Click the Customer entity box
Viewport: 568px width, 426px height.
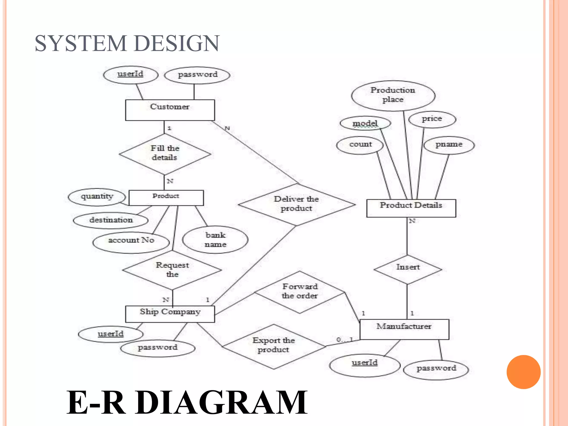tap(170, 110)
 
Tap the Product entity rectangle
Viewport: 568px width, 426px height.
tap(166, 197)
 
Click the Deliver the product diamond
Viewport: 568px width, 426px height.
tap(296, 204)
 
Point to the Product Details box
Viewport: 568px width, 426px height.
tap(411, 208)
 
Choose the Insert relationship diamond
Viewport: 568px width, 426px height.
tap(407, 268)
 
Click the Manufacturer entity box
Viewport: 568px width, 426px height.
tap(404, 329)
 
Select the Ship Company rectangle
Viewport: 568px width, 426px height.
tap(170, 314)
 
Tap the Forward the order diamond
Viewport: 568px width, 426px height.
tap(300, 291)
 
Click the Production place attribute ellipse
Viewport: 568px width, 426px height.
tap(393, 95)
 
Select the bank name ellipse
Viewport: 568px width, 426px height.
tap(215, 240)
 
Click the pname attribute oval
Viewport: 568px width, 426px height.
tap(449, 145)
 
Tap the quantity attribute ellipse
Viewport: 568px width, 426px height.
tap(97, 197)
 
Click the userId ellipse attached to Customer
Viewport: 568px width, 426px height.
tap(130, 74)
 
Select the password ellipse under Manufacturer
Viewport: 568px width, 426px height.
tap(436, 369)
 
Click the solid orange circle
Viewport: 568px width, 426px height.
tap(523, 372)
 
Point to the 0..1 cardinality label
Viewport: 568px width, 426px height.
tap(344, 339)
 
